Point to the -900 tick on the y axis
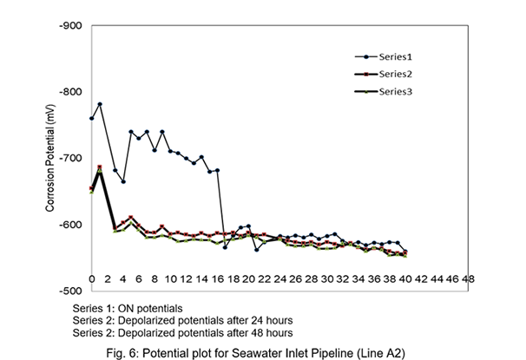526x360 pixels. point(70,25)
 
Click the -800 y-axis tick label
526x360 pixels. point(70,92)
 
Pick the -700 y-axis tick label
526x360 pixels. point(70,158)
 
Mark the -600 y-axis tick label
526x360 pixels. point(70,225)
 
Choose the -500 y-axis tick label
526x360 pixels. point(70,291)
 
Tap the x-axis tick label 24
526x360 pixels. point(279,279)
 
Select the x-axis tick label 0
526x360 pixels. point(91,279)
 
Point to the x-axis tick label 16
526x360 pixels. point(217,279)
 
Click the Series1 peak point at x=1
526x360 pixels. point(100,104)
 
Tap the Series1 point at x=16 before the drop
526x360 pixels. point(217,170)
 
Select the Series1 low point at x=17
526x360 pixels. point(225,247)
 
